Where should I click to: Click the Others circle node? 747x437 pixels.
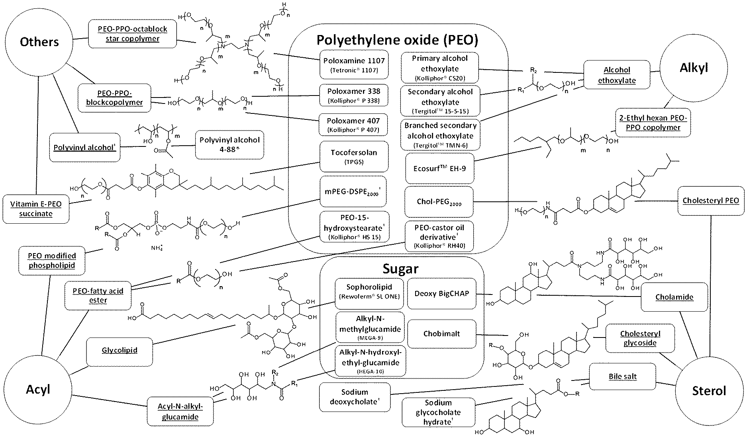[39, 42]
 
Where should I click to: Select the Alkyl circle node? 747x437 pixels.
[694, 68]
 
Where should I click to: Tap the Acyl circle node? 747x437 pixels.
[38, 389]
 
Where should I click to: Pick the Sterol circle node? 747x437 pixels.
[709, 390]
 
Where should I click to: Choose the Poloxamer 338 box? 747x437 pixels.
[354, 96]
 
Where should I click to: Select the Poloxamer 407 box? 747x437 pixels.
[354, 125]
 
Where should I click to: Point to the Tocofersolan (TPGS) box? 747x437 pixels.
[354, 156]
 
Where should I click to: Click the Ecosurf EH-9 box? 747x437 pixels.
[439, 168]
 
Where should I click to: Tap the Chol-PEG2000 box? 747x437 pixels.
[439, 202]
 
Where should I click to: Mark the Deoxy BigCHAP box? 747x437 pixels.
[441, 294]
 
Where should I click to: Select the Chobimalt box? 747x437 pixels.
[441, 334]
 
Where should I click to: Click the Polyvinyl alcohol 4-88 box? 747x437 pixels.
[229, 144]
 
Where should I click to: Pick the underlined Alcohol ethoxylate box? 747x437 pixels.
[617, 75]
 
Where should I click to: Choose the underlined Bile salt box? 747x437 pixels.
[622, 377]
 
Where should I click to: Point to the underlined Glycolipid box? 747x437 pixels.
[120, 350]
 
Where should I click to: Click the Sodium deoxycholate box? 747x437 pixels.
[354, 397]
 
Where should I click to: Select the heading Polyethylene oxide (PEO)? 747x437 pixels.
[397, 40]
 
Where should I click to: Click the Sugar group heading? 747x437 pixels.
[400, 269]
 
